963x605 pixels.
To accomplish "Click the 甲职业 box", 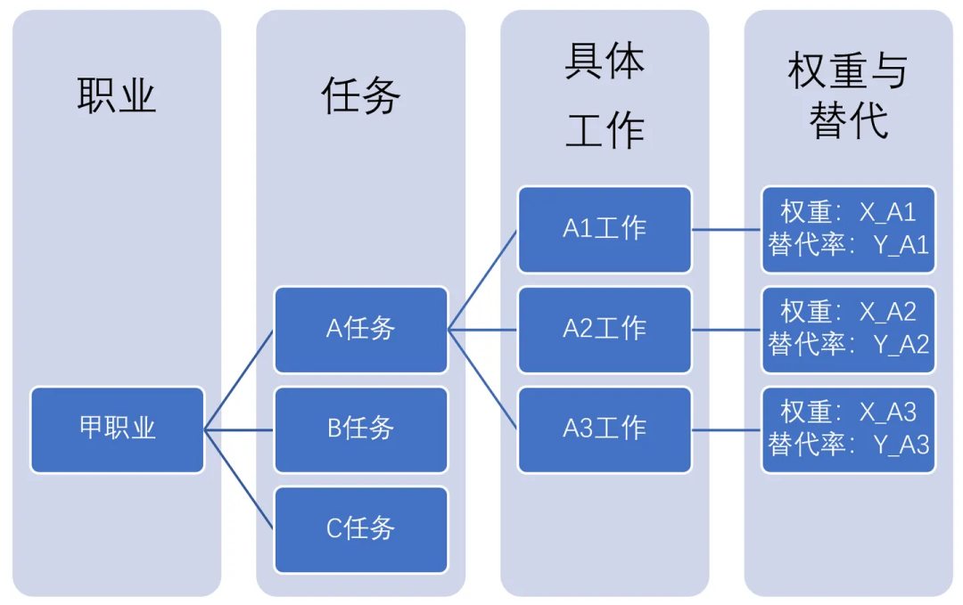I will point(117,429).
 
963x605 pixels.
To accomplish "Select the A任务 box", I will point(360,329).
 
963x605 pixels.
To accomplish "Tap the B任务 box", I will point(360,429).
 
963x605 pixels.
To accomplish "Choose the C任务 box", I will point(360,529).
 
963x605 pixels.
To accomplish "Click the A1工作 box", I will point(605,229).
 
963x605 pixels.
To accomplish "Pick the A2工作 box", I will point(605,329).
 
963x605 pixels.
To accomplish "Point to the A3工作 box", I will point(605,429).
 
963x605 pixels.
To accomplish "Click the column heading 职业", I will point(117,95).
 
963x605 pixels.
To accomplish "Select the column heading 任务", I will point(360,95).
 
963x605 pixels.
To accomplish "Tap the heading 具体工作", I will point(605,96).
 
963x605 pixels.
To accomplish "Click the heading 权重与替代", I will point(848,96).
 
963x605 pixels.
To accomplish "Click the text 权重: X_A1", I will point(848,212).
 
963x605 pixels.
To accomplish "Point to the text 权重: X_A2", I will point(848,312).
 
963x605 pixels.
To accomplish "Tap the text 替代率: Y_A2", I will point(848,345).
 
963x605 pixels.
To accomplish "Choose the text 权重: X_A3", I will point(848,412).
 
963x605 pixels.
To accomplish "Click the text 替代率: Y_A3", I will point(848,445).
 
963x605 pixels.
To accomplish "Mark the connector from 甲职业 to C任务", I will point(239,479).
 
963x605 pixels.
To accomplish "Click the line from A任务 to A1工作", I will point(482,280).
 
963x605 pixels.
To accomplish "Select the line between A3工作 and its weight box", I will point(727,429).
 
